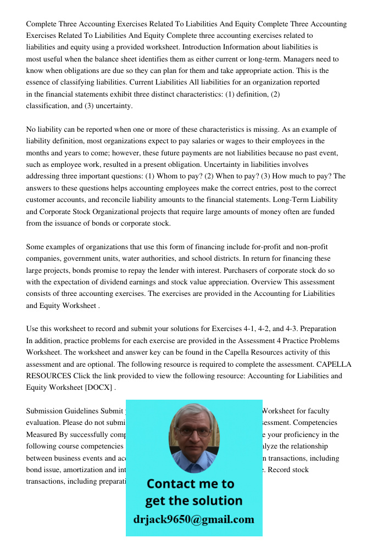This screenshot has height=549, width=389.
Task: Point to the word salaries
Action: point(234,141)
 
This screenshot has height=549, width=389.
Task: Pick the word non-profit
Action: point(309,247)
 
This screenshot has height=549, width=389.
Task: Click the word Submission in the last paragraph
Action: point(45,411)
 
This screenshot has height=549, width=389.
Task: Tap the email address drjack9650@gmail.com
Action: point(194,519)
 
